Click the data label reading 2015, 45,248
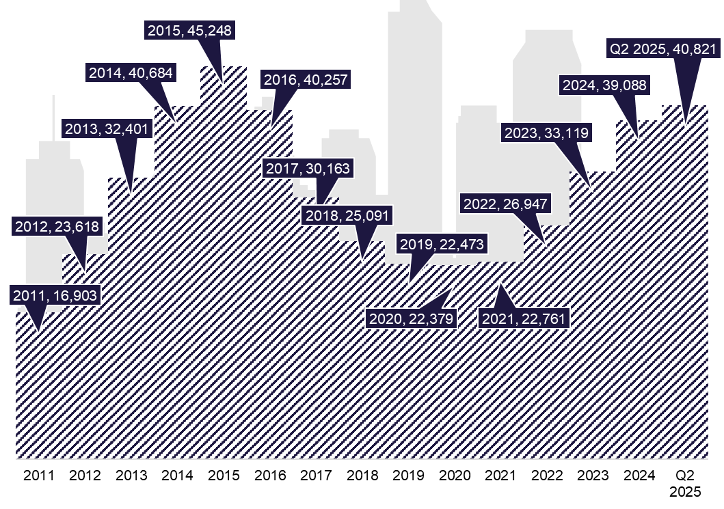(189, 31)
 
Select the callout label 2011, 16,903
(55, 295)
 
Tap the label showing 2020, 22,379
(412, 318)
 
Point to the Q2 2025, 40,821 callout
(663, 49)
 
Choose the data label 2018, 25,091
(347, 215)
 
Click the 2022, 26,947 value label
(505, 204)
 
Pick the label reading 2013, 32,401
(107, 128)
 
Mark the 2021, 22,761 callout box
(524, 318)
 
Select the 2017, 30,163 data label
(308, 169)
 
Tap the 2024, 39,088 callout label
(604, 85)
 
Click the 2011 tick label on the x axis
(39, 476)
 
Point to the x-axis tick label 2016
(269, 476)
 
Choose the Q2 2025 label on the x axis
(685, 483)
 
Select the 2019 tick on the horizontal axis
(408, 476)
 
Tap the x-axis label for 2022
(547, 476)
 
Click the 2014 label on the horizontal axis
(177, 476)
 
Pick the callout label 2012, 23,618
(57, 227)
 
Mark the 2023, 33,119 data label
(546, 133)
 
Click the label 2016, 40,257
(306, 79)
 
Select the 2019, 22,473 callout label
(442, 244)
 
